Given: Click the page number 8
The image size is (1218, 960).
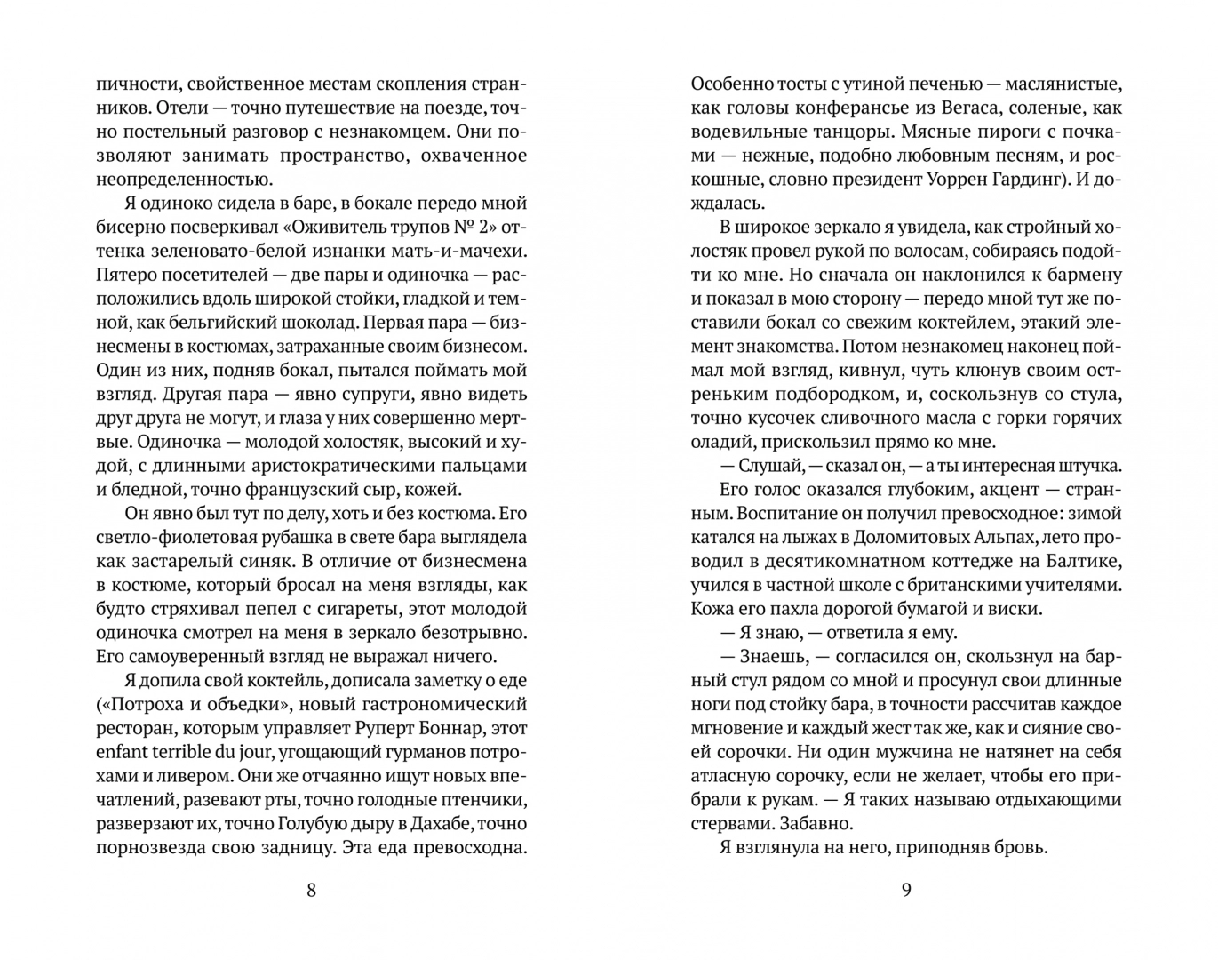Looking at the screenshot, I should coord(311,890).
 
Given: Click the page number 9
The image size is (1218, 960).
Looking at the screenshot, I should coord(906,890).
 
